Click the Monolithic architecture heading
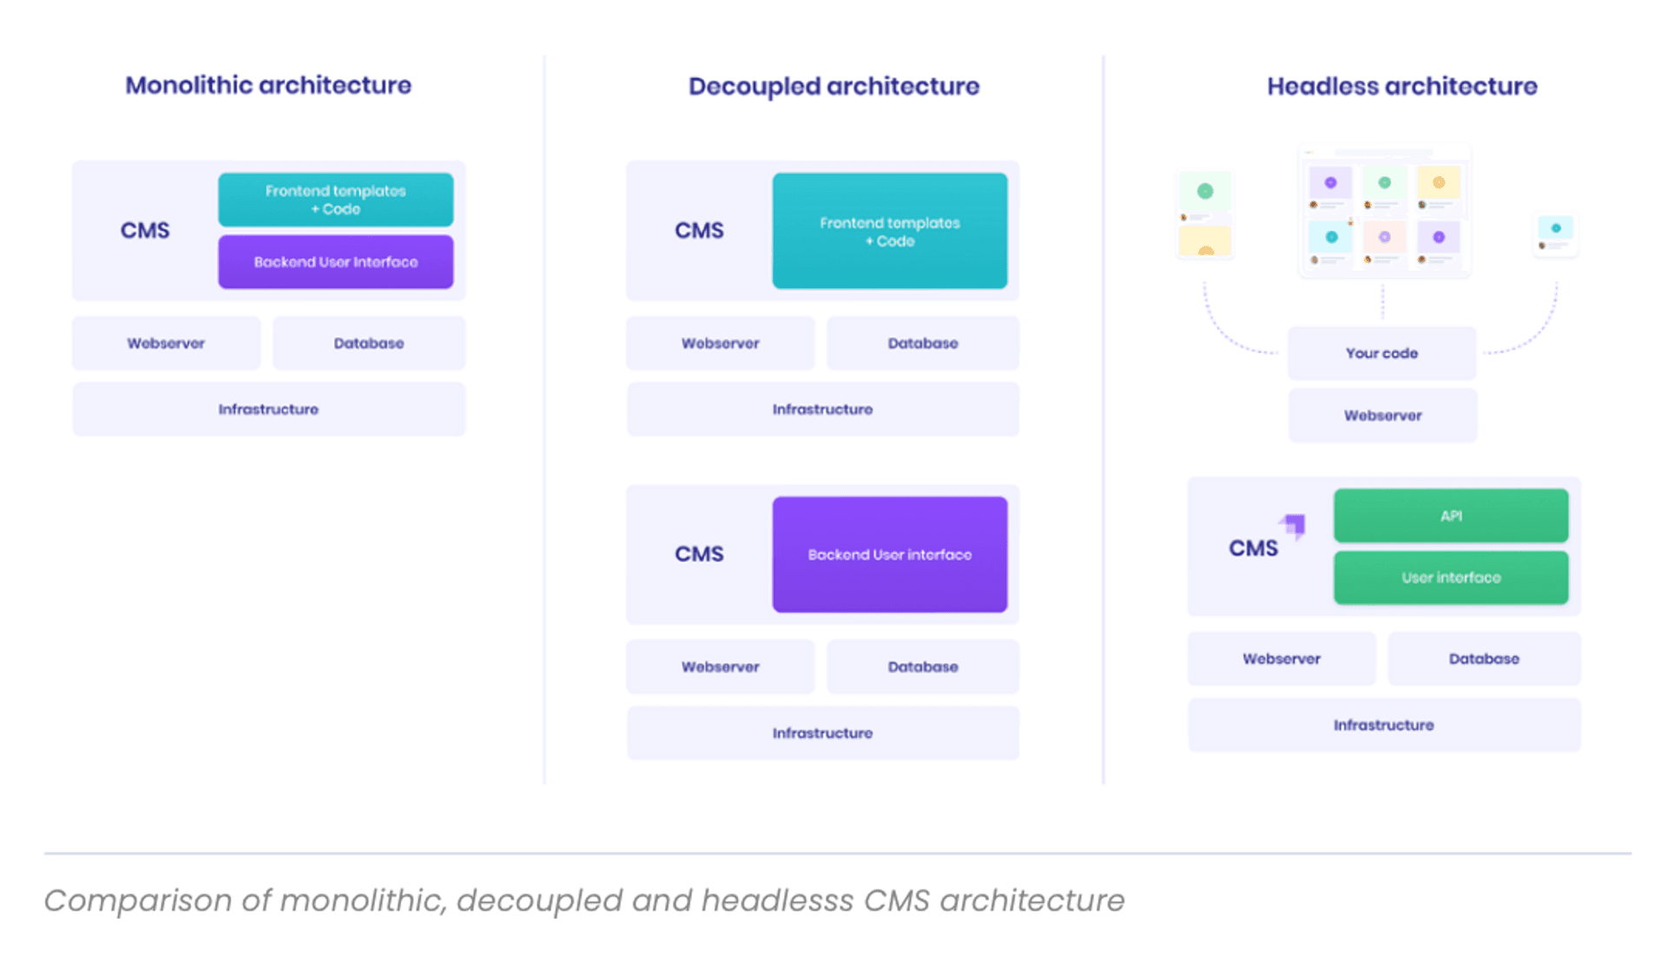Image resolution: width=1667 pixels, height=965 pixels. click(x=267, y=85)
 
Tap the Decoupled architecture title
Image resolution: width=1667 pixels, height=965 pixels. click(x=833, y=86)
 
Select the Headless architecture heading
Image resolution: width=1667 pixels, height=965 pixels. click(x=1401, y=86)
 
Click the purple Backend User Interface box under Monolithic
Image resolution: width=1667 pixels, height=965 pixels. click(x=335, y=262)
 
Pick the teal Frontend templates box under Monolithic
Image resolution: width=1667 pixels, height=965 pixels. click(x=335, y=200)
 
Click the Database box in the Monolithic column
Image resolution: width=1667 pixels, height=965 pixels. click(x=368, y=343)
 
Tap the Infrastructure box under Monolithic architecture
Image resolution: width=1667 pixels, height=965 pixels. click(x=268, y=409)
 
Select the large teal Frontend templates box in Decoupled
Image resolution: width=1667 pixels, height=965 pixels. click(x=889, y=231)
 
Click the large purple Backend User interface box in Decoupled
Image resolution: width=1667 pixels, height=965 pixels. click(x=889, y=555)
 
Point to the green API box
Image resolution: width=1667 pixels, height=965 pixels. click(x=1451, y=515)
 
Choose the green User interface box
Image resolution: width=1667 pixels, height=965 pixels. click(x=1451, y=577)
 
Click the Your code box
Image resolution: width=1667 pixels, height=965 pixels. click(x=1381, y=353)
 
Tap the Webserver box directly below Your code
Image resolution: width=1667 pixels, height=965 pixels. click(x=1382, y=416)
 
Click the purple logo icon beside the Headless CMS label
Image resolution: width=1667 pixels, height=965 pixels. click(x=1293, y=525)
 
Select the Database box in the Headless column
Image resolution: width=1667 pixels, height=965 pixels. click(x=1483, y=659)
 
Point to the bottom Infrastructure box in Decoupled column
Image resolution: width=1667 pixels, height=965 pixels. click(x=822, y=733)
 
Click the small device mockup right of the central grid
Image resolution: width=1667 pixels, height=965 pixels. click(x=1555, y=234)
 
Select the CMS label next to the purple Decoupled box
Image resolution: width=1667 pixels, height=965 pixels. click(x=699, y=554)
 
